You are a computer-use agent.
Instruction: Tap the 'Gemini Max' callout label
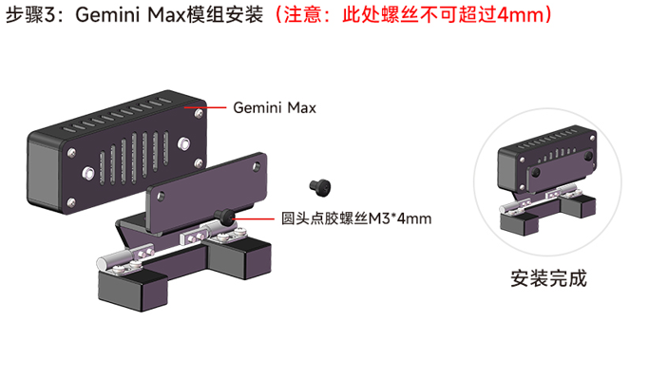[274, 108]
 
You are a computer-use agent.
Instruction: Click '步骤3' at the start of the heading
[29, 16]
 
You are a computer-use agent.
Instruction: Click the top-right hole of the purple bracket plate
[256, 168]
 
